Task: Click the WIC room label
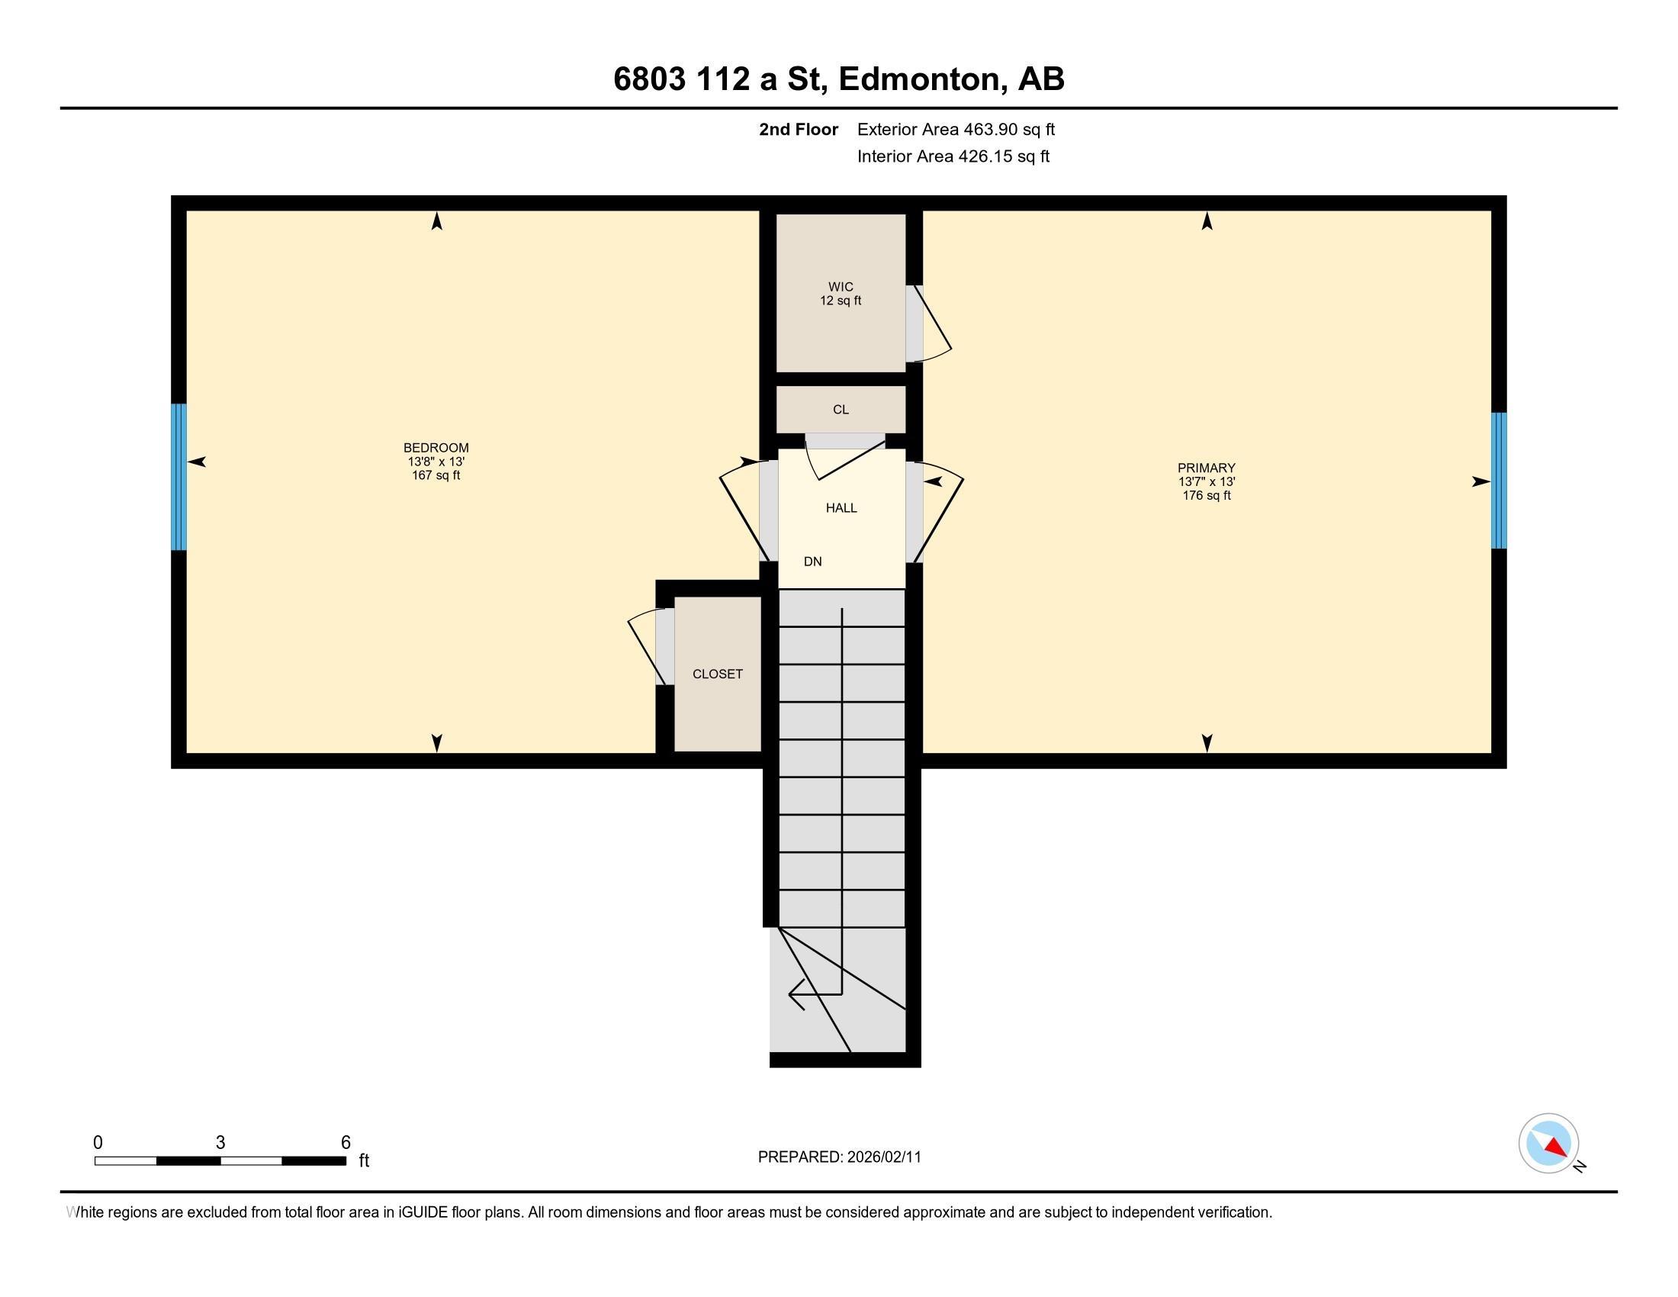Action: (841, 287)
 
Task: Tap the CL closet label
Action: (841, 410)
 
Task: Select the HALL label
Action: (841, 508)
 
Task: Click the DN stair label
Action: (813, 562)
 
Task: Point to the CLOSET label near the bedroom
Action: (718, 674)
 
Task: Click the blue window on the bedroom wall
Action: (178, 477)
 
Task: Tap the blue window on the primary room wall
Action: (1498, 481)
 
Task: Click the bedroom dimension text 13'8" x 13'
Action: (436, 462)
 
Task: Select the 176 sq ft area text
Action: (1207, 496)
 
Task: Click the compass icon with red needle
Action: (1548, 1144)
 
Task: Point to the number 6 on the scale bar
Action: (346, 1142)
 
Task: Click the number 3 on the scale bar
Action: (220, 1142)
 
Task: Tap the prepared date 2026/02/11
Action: (883, 1157)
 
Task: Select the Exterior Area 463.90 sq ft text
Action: (956, 130)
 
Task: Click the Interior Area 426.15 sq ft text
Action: (953, 156)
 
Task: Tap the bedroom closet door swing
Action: (645, 645)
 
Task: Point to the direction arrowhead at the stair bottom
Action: (796, 995)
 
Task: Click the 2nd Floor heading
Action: (799, 130)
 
